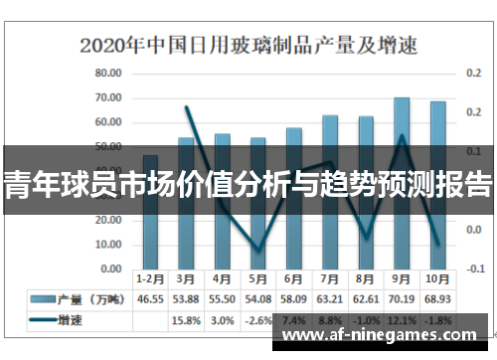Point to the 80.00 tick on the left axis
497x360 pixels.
(108, 74)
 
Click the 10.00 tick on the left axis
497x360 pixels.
(108, 245)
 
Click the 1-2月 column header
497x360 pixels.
(150, 279)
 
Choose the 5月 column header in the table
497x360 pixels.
(257, 279)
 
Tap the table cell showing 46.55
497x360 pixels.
(150, 298)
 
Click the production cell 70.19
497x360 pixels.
(402, 298)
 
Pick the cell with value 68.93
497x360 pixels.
(437, 298)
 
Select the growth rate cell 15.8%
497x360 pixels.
(186, 320)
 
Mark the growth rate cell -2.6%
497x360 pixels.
(257, 320)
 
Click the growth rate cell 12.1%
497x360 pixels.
(402, 320)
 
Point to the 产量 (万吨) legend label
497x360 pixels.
(94, 298)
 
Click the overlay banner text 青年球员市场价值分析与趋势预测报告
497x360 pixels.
(248, 186)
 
